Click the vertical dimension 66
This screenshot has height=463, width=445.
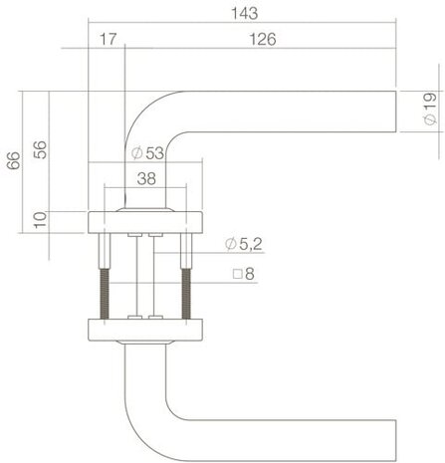tap(13, 160)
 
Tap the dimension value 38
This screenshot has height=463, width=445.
tap(145, 180)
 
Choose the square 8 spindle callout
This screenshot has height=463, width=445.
tap(243, 272)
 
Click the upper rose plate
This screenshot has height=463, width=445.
tap(145, 221)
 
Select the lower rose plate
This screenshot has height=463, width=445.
tap(145, 329)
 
